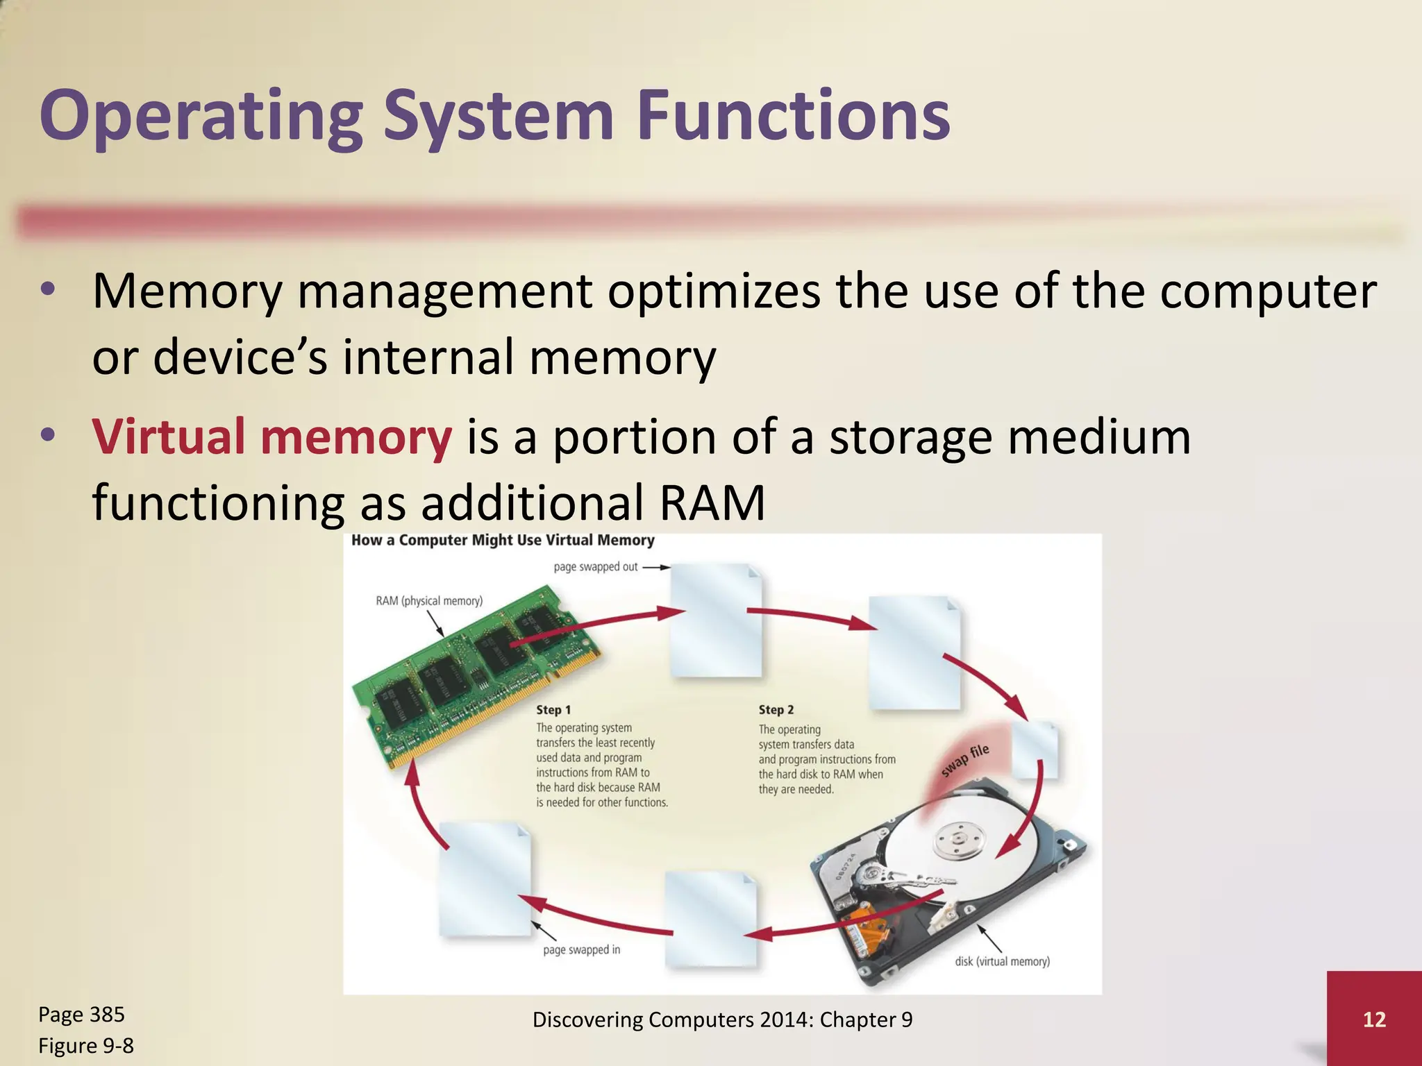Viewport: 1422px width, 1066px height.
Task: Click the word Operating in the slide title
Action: pyautogui.click(x=201, y=116)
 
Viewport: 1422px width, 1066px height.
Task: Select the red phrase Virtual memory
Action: pyautogui.click(x=271, y=437)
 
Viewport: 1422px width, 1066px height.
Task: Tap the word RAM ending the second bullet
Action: pyautogui.click(x=712, y=502)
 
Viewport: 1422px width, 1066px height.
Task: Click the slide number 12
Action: pyautogui.click(x=1374, y=1019)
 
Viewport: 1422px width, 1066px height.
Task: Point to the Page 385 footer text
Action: pyautogui.click(x=81, y=1014)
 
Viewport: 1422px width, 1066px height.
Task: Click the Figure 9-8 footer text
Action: pyautogui.click(x=85, y=1045)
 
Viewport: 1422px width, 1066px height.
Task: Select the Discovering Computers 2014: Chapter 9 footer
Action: pyautogui.click(x=722, y=1020)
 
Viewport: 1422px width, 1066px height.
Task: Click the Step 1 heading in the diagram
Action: pyautogui.click(x=553, y=710)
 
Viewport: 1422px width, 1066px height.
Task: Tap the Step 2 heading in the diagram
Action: pyautogui.click(x=776, y=710)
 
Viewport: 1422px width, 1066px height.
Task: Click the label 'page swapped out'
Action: pyautogui.click(x=595, y=567)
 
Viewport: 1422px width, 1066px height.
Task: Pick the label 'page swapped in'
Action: pyautogui.click(x=581, y=949)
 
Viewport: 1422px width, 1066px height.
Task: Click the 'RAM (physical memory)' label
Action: pyautogui.click(x=429, y=601)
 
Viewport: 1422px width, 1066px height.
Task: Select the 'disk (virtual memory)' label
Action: pyautogui.click(x=1002, y=961)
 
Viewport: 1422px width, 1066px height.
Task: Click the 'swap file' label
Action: pyautogui.click(x=965, y=761)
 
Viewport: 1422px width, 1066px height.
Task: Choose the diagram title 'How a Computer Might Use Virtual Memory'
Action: pyautogui.click(x=503, y=541)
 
